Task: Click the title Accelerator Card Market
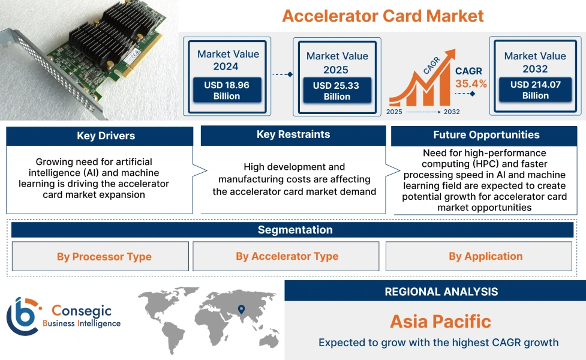pos(383,16)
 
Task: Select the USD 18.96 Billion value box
pos(227,91)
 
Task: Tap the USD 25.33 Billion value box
pos(336,91)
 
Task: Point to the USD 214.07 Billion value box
pos(535,90)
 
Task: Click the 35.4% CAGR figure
pos(471,83)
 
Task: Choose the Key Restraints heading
pos(293,134)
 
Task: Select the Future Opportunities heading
pos(486,135)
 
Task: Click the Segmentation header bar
pos(294,230)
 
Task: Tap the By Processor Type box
pos(100,257)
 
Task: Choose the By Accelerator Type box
pos(286,256)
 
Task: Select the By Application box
pos(485,256)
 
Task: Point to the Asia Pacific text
pos(440,321)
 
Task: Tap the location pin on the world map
pos(241,310)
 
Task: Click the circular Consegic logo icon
pos(22,316)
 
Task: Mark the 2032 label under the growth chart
pos(452,112)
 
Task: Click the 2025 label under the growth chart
pos(395,112)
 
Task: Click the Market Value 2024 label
pos(228,60)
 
